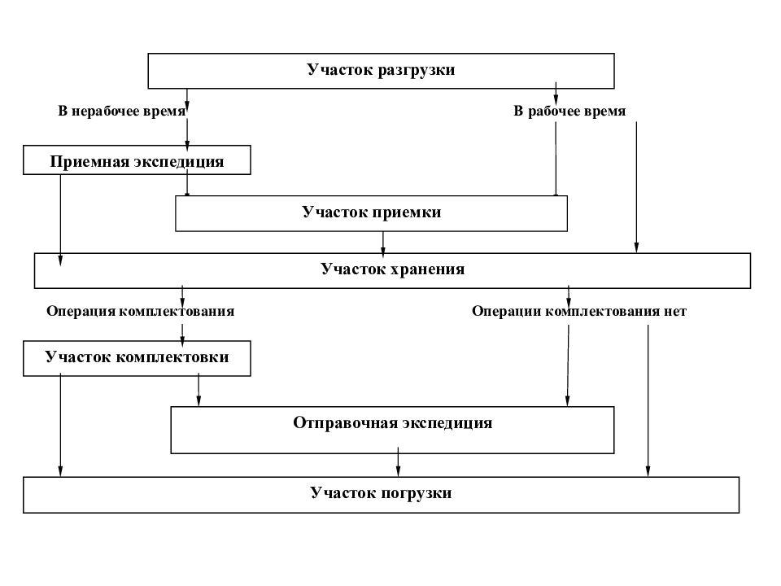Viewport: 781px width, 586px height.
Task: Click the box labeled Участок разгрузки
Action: pyautogui.click(x=381, y=70)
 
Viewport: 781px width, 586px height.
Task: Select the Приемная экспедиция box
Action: pyautogui.click(x=137, y=160)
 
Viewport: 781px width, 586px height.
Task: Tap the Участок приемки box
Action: pyautogui.click(x=372, y=213)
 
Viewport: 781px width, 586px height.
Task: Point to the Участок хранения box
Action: pyautogui.click(x=392, y=270)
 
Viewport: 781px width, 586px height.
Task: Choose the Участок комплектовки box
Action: pyautogui.click(x=137, y=358)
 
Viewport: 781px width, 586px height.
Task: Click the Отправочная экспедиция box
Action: pyautogui.click(x=392, y=424)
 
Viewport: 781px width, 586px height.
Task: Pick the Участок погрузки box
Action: pyautogui.click(x=381, y=493)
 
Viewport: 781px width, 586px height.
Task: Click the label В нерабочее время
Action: pyautogui.click(x=121, y=111)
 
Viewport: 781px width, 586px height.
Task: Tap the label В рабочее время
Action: pyautogui.click(x=569, y=111)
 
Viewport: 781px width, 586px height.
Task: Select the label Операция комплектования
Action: pyautogui.click(x=141, y=311)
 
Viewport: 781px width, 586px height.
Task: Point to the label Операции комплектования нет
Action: pyautogui.click(x=579, y=311)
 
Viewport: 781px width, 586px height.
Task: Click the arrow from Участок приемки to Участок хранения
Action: pyautogui.click(x=383, y=243)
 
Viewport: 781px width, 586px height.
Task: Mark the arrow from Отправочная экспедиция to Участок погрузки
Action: pyautogui.click(x=398, y=465)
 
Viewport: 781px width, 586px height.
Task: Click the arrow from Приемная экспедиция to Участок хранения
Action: pyautogui.click(x=60, y=220)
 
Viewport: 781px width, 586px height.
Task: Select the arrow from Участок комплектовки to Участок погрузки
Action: pyautogui.click(x=60, y=427)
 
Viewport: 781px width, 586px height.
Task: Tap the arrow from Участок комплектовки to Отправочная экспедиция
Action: pyautogui.click(x=199, y=391)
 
